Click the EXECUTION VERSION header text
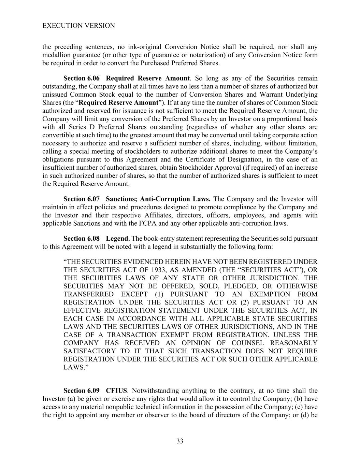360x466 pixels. tap(78, 26)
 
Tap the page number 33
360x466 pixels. tap(180, 441)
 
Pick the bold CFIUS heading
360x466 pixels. tap(116, 391)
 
